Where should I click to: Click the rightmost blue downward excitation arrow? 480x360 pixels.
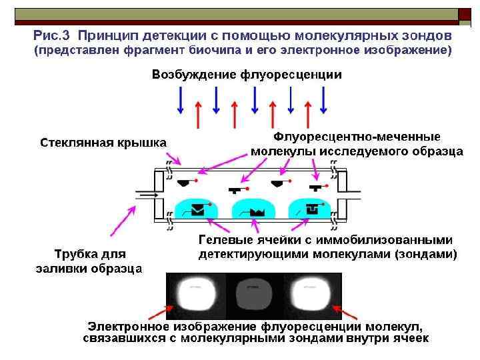point(323,101)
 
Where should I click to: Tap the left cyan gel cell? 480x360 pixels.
point(197,208)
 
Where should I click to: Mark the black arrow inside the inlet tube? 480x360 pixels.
point(147,195)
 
